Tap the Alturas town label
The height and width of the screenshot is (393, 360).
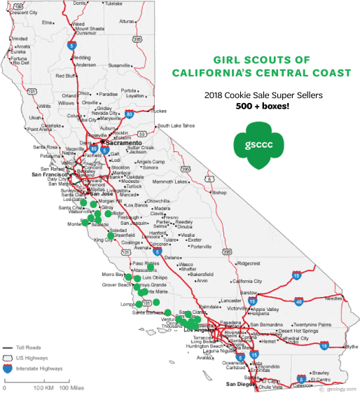pyautogui.click(x=126, y=21)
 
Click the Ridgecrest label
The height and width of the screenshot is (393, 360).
pyautogui.click(x=248, y=263)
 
